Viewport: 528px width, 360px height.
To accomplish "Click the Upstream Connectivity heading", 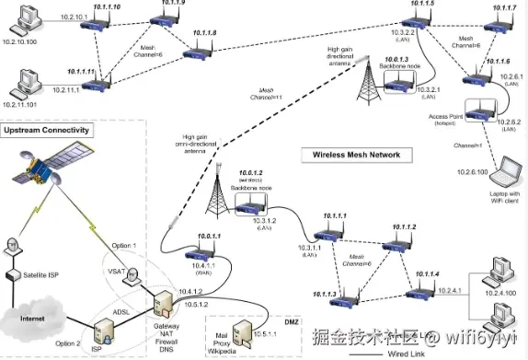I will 46,131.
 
